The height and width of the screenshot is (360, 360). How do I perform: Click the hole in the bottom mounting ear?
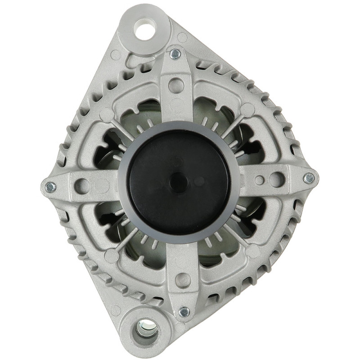[147, 333]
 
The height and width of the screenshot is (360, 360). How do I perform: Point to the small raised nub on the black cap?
[179, 182]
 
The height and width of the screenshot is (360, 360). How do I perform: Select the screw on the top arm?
[175, 54]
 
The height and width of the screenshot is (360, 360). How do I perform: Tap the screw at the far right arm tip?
[309, 178]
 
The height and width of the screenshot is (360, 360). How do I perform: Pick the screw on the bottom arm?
[184, 311]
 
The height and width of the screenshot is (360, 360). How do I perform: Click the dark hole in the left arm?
[81, 184]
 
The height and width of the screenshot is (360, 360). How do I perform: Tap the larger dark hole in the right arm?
[276, 180]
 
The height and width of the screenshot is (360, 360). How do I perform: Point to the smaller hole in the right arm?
[260, 180]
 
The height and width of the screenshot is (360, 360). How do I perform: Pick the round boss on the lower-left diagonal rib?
[111, 256]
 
